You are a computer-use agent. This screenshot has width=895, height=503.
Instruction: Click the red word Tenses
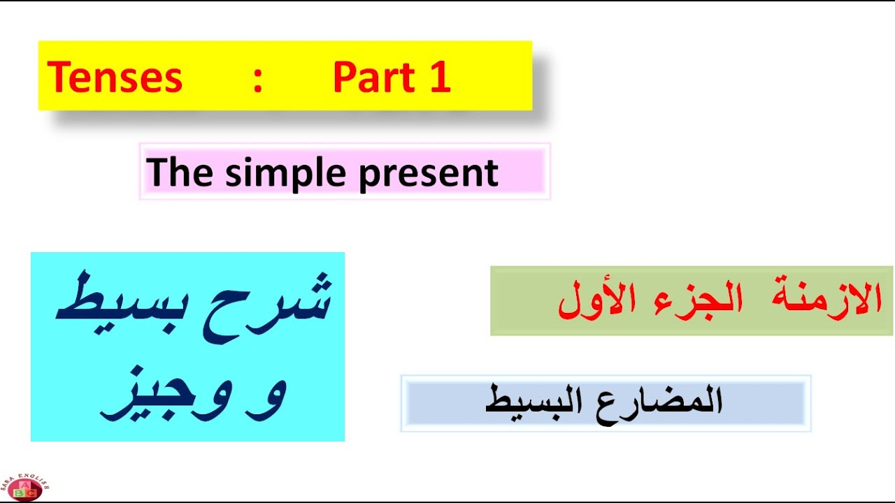(115, 77)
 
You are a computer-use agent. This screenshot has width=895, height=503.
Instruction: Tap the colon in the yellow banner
(258, 78)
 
